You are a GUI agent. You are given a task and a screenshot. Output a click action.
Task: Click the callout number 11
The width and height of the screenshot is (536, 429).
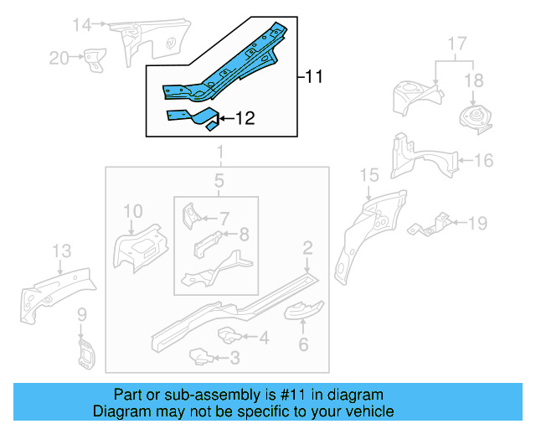click(x=313, y=77)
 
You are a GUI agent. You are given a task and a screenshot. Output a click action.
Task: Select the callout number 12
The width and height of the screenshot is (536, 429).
click(x=244, y=119)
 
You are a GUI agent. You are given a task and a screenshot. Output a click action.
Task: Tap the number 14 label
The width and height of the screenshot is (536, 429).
click(x=80, y=24)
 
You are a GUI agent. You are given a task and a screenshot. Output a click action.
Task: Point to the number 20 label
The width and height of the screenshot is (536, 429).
click(x=58, y=57)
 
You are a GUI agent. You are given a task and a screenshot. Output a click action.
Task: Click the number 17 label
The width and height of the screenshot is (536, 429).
click(x=457, y=42)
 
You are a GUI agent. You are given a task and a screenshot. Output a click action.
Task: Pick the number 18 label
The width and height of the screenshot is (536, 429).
click(x=474, y=80)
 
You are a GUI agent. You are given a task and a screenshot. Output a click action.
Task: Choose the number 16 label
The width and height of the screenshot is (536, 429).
click(x=484, y=160)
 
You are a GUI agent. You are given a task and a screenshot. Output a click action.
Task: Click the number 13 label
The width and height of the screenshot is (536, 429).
click(x=61, y=251)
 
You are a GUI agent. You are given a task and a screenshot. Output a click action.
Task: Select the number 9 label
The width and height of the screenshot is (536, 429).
click(x=82, y=315)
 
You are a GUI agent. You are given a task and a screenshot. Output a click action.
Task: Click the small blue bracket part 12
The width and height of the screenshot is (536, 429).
click(x=192, y=118)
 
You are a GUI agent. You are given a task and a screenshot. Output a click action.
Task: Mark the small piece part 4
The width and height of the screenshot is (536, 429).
click(x=229, y=335)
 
